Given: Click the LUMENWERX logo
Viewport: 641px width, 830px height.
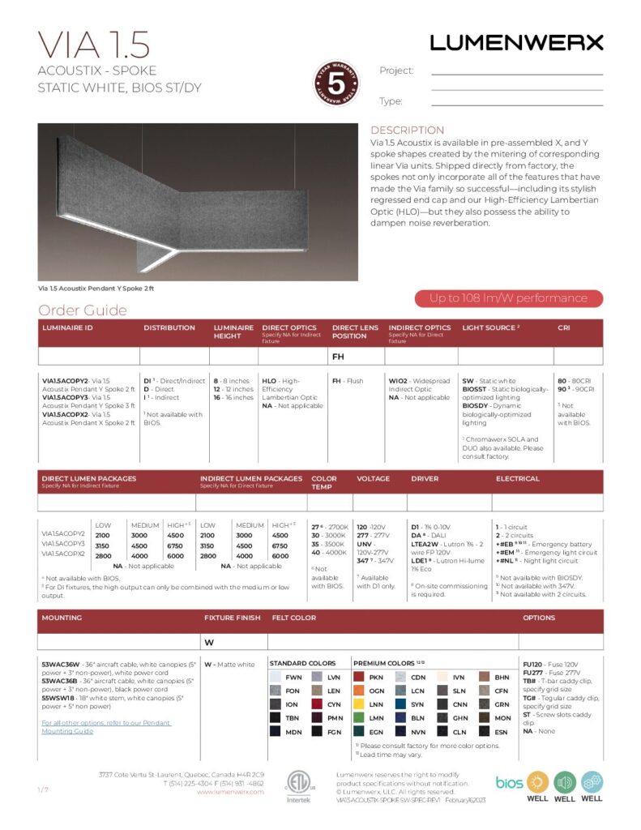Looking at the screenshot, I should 516,42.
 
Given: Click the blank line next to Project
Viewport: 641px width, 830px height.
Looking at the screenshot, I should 516,73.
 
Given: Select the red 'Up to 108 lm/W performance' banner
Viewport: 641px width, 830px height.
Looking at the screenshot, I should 508,298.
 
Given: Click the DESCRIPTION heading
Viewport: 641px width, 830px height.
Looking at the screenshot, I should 407,130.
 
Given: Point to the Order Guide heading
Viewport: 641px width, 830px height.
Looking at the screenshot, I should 83,310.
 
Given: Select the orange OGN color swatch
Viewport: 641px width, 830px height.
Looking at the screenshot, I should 358,691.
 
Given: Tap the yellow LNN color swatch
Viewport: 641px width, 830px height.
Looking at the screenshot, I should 358,704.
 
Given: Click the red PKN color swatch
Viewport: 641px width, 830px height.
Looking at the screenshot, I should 358,677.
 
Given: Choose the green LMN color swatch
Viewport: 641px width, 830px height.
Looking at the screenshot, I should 358,717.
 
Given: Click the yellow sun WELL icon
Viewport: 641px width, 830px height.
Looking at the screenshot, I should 538,781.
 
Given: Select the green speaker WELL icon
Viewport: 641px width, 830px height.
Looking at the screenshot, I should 565,781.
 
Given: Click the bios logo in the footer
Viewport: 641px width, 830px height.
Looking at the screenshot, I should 509,782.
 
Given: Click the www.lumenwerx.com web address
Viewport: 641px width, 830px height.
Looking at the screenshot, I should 230,792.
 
